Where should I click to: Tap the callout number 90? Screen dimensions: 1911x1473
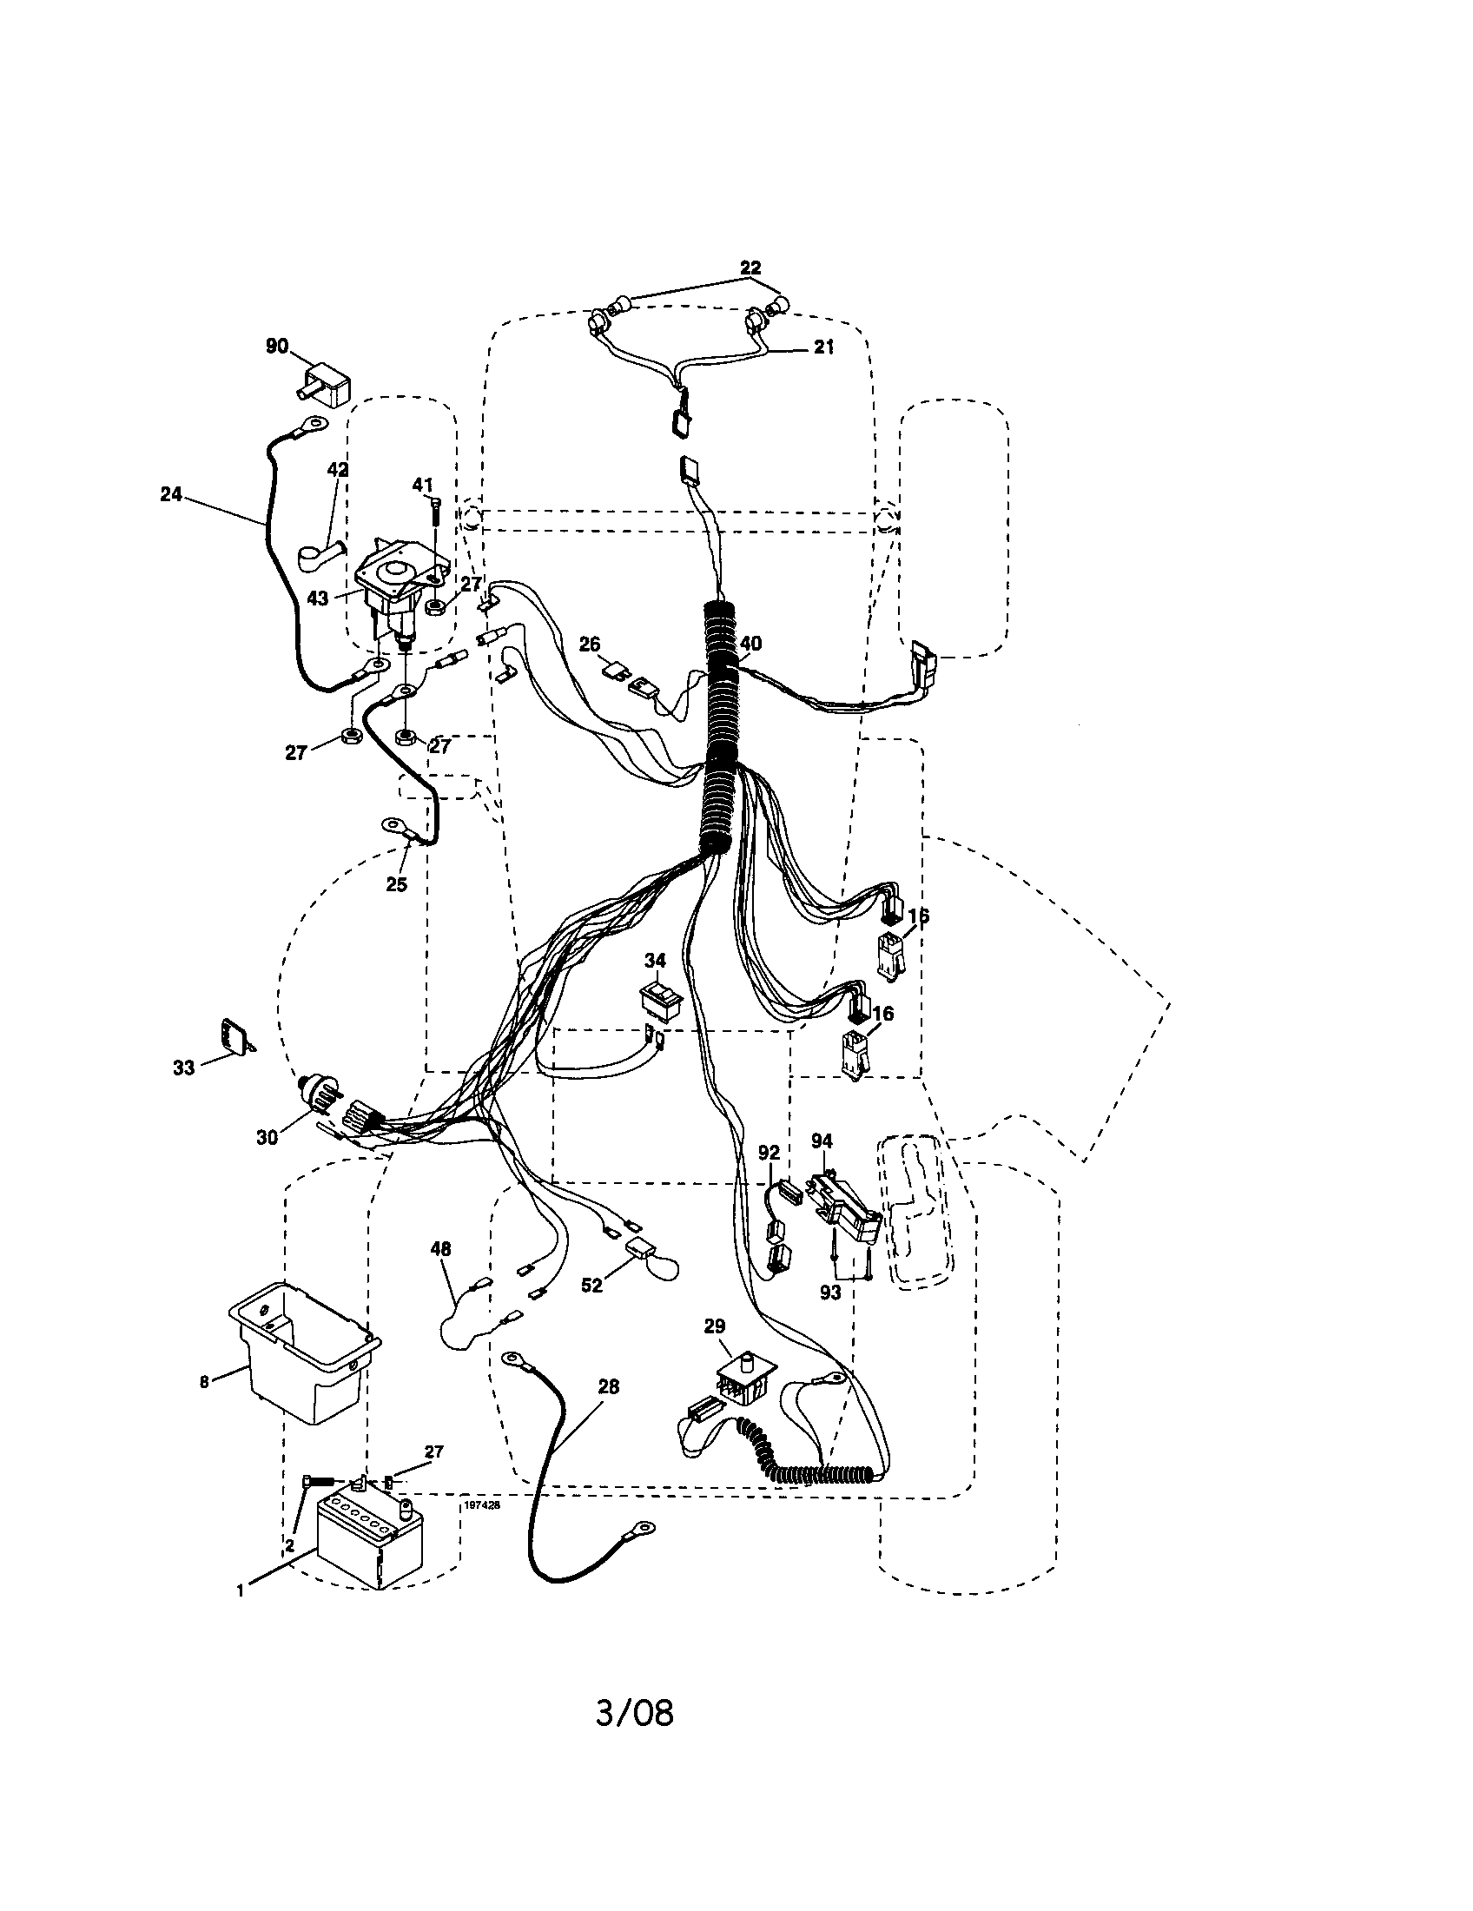(x=276, y=347)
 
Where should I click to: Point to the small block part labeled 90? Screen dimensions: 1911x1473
(x=326, y=383)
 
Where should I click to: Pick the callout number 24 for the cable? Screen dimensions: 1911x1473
(x=170, y=494)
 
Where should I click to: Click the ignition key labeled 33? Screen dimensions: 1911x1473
(x=234, y=1038)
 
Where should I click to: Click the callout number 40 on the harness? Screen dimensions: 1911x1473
(x=750, y=644)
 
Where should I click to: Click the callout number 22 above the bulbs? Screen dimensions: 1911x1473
(x=750, y=268)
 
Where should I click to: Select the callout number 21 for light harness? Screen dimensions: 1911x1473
(x=823, y=347)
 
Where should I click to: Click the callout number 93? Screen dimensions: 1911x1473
(x=829, y=1292)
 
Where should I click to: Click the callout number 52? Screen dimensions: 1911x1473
(x=591, y=1286)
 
